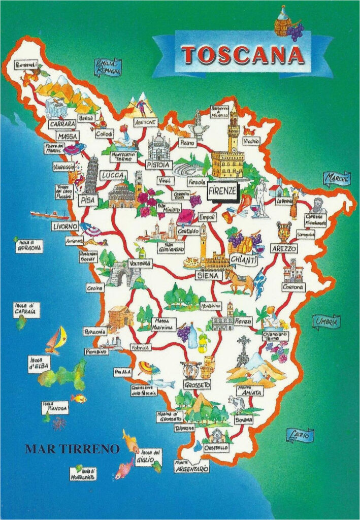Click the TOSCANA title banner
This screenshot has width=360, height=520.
(243, 55)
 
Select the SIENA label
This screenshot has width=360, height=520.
(209, 275)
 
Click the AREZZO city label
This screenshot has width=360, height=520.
(284, 249)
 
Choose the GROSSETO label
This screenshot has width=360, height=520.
(197, 384)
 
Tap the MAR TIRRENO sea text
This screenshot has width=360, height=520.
(72, 449)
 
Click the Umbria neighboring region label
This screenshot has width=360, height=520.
(326, 321)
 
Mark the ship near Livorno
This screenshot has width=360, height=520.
(49, 214)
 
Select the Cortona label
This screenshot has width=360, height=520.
(293, 287)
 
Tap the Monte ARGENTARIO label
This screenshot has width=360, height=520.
(191, 466)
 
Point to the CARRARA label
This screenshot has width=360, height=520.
(62, 123)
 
